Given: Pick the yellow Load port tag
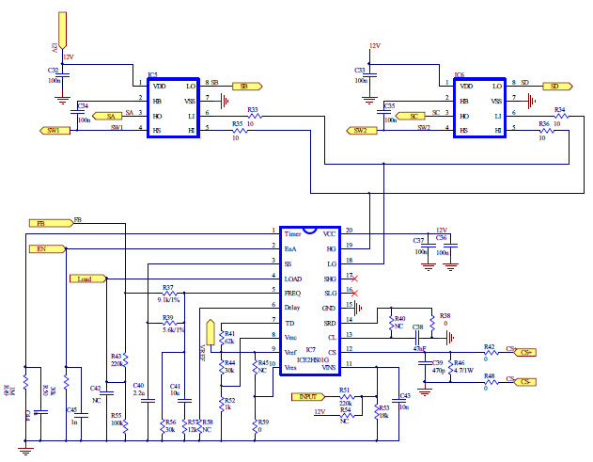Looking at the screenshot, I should (86, 279).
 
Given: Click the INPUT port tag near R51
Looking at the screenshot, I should (308, 396).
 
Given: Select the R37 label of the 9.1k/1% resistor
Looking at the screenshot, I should (167, 286).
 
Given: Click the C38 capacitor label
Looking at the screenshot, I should (417, 327).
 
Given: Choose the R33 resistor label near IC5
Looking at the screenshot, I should (252, 109).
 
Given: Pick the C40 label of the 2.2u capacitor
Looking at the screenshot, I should (138, 386).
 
